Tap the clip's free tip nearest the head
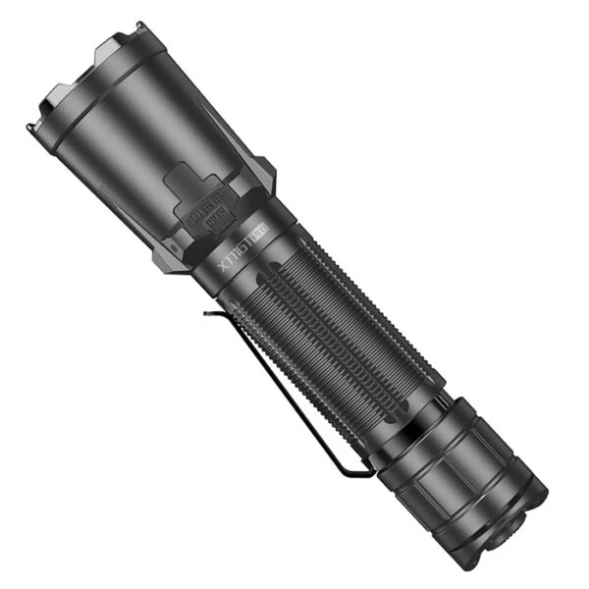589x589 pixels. (208, 314)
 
